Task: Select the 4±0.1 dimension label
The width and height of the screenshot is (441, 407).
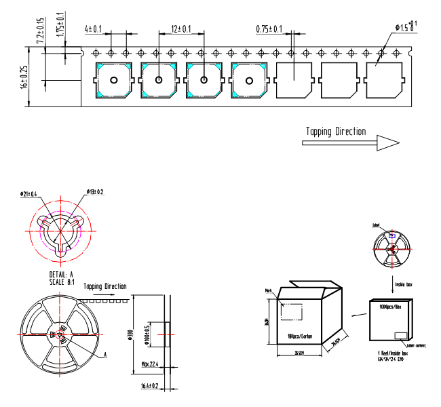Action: click(93, 29)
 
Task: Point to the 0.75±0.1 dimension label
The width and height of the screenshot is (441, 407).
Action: click(269, 29)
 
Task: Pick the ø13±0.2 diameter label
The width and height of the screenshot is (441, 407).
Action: click(96, 192)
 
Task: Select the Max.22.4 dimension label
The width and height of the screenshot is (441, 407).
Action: click(149, 365)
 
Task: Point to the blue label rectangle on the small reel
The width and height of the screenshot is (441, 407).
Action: click(391, 235)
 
